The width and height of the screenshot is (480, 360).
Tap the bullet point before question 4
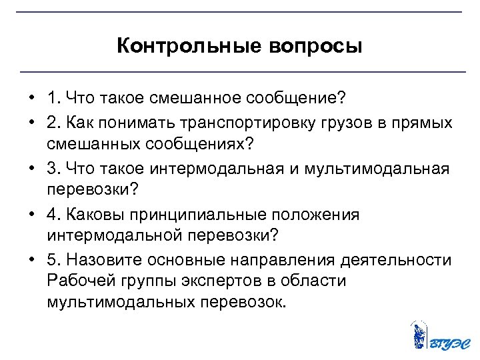pyautogui.click(x=31, y=215)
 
